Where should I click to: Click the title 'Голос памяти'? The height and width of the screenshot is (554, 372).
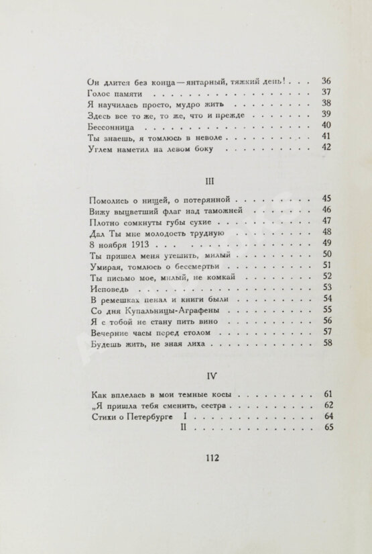click(117, 93)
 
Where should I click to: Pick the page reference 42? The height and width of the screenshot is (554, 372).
click(327, 148)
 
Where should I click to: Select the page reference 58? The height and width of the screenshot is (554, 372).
click(327, 343)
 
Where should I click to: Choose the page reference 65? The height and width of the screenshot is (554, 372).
click(327, 429)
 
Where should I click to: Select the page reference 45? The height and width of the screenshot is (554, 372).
click(327, 199)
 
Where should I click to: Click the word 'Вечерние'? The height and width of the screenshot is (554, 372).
click(110, 332)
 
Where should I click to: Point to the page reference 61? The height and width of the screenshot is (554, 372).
click(327, 394)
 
